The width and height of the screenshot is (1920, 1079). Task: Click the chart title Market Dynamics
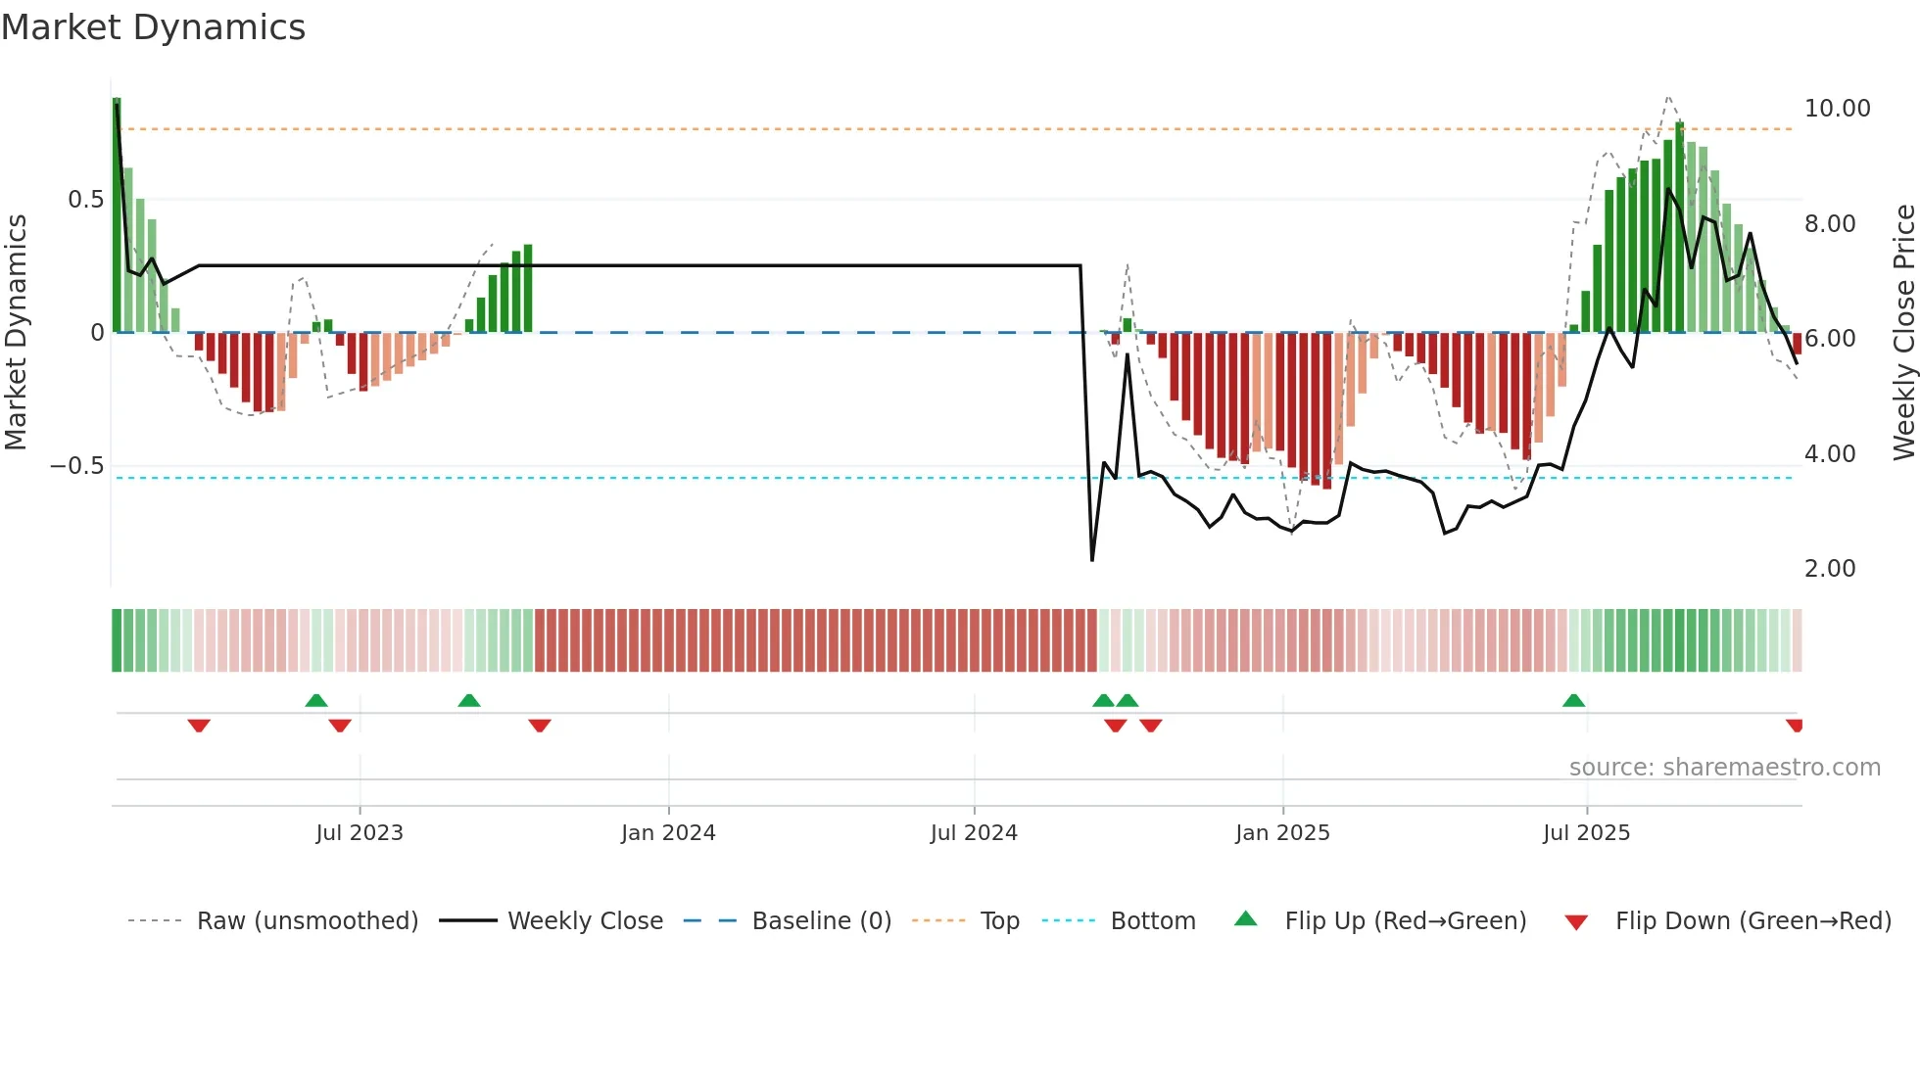[x=154, y=27]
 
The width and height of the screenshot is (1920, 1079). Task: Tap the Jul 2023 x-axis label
[x=360, y=833]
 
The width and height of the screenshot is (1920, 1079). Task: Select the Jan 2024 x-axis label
[x=668, y=833]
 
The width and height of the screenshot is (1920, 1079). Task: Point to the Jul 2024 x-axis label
[x=974, y=833]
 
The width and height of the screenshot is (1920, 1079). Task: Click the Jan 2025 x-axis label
[x=1282, y=833]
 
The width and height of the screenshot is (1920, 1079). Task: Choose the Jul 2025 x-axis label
[x=1586, y=833]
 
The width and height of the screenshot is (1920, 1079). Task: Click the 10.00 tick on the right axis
[x=1837, y=109]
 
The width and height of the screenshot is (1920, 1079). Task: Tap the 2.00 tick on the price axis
[x=1830, y=569]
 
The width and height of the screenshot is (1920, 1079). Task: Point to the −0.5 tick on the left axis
[x=77, y=466]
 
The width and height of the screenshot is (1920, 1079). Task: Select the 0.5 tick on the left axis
[x=85, y=200]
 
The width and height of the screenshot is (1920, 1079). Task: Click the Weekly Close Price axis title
[x=1903, y=332]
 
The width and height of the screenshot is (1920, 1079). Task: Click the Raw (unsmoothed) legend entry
[x=307, y=921]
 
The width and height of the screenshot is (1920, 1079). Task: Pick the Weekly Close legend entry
[x=585, y=921]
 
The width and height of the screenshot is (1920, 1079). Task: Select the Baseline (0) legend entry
[x=821, y=921]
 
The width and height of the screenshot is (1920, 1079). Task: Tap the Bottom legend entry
[x=1152, y=921]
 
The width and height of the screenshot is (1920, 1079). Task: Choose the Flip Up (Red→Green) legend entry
[x=1405, y=921]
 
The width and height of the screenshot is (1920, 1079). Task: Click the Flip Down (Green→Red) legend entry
[x=1752, y=921]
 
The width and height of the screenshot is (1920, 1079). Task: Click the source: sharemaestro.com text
[x=1724, y=768]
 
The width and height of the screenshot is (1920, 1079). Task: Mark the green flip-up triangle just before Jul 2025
[x=1573, y=701]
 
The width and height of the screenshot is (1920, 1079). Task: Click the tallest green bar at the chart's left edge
[x=117, y=215]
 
